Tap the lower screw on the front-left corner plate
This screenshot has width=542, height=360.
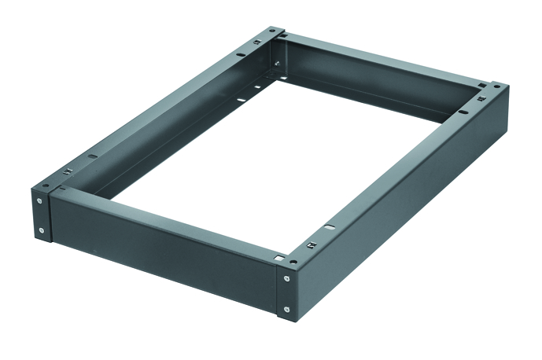click(42, 230)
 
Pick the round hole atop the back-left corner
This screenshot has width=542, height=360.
click(271, 30)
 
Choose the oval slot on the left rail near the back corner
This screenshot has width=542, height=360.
click(241, 55)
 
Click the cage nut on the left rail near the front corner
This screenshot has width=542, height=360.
click(68, 174)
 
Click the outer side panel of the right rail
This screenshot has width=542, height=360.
click(409, 220)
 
